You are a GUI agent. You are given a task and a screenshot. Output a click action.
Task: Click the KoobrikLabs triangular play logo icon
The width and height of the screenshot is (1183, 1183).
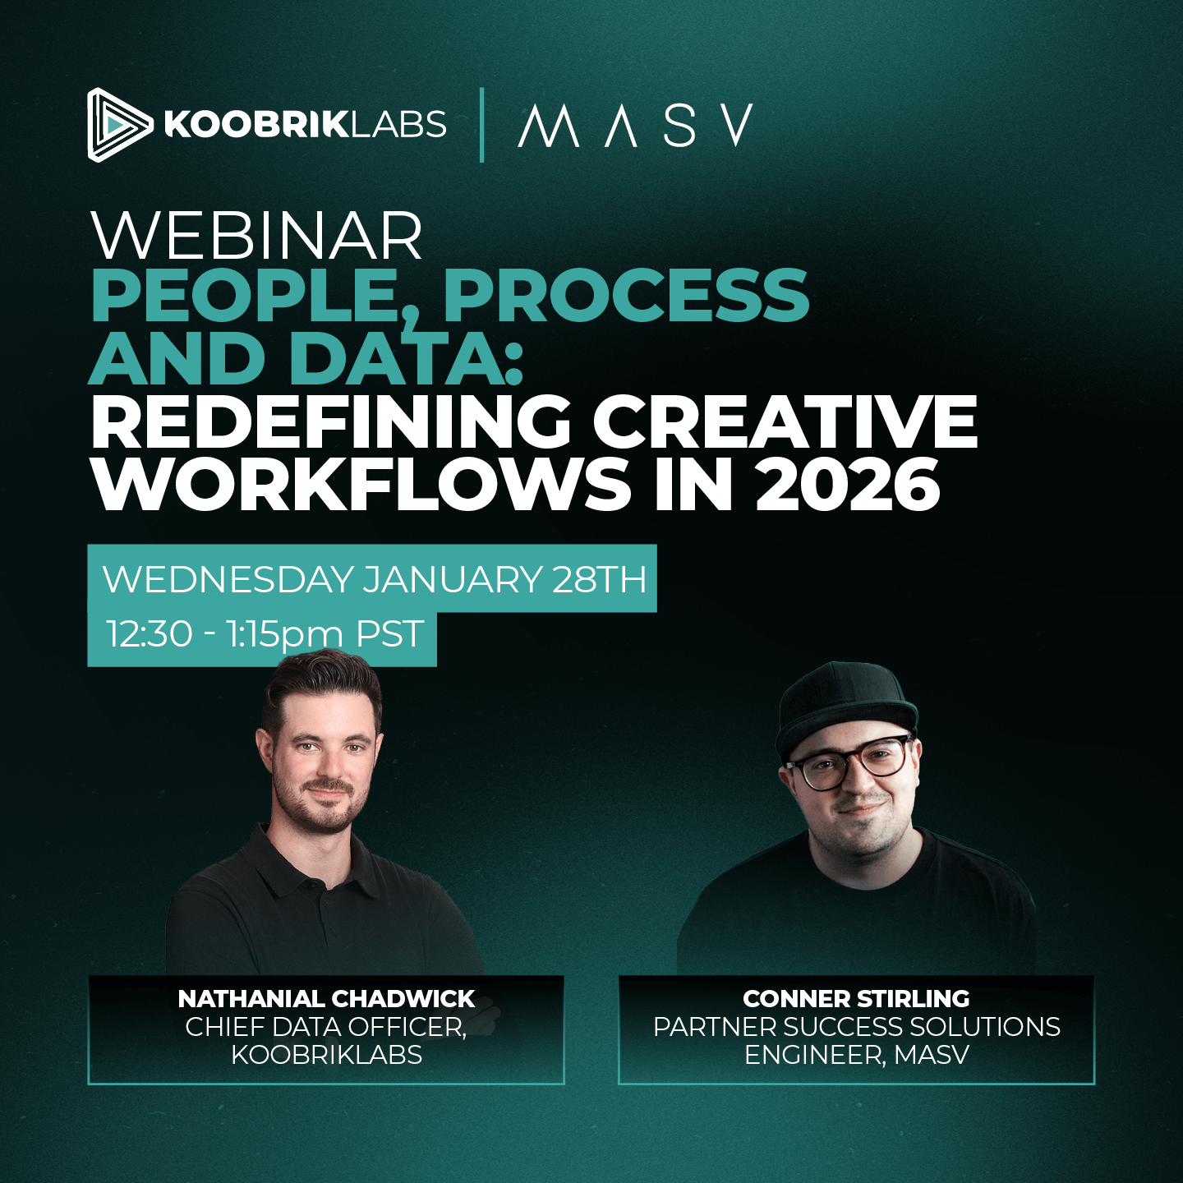tap(117, 125)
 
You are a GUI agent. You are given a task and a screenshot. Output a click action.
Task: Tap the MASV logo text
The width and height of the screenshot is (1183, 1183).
tap(635, 126)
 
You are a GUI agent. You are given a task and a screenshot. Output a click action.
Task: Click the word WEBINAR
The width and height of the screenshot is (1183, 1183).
tap(256, 237)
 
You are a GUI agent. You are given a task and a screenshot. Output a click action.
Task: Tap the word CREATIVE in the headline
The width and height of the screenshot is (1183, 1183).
tap(785, 421)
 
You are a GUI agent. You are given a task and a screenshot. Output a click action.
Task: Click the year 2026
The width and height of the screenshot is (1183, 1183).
tap(847, 485)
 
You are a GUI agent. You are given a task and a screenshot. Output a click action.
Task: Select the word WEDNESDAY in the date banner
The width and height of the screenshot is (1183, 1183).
tap(228, 579)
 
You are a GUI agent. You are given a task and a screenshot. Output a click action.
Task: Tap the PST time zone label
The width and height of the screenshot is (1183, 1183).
tap(389, 634)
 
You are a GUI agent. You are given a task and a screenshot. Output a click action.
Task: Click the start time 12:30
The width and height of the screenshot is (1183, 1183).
tap(150, 634)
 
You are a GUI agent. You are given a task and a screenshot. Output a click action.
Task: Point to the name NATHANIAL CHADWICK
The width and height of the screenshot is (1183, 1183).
tap(326, 999)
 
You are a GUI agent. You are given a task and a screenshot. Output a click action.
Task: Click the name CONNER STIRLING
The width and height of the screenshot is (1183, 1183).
tap(856, 999)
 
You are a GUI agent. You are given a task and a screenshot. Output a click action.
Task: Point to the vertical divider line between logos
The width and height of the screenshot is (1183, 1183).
tap(481, 125)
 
